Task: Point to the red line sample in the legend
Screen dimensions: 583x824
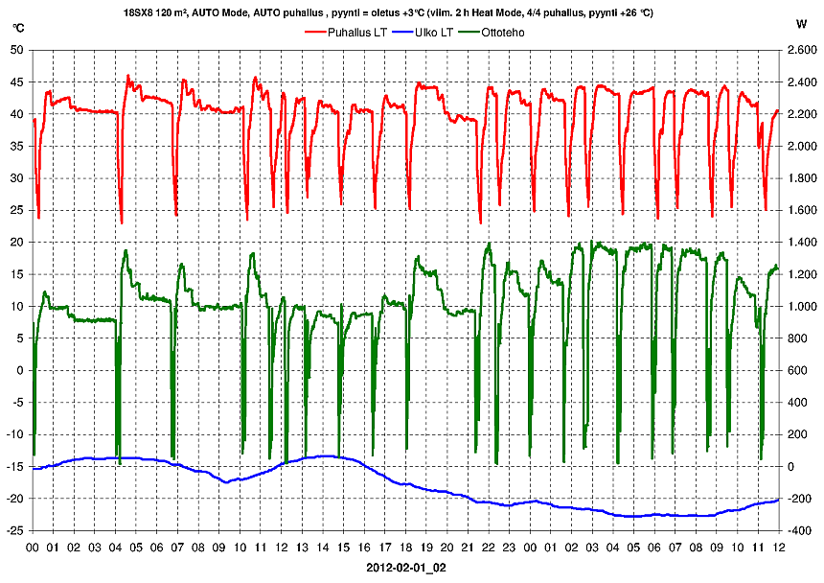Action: point(315,33)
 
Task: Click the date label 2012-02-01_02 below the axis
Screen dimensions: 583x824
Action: point(406,568)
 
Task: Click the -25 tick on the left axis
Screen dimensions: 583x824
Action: point(15,530)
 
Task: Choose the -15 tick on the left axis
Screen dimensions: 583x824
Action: point(15,467)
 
